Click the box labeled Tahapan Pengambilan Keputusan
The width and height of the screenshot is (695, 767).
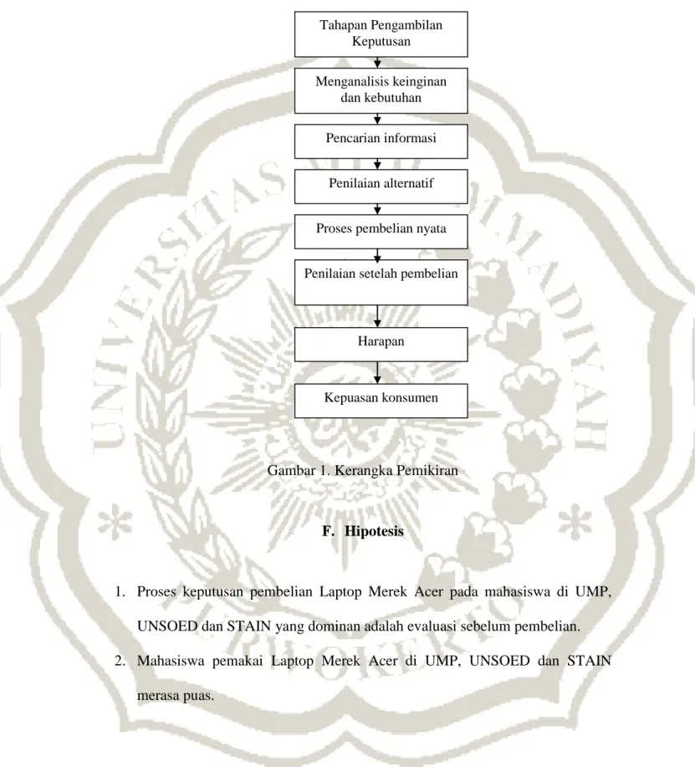click(381, 34)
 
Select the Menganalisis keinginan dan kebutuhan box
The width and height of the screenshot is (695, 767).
click(381, 90)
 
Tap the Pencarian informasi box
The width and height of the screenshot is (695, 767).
click(381, 141)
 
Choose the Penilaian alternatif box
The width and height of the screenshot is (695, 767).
click(381, 187)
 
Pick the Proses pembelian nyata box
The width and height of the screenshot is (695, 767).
click(381, 232)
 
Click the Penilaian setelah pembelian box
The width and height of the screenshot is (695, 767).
click(381, 282)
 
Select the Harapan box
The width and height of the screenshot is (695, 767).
click(381, 345)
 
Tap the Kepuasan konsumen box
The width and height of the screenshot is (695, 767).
click(381, 401)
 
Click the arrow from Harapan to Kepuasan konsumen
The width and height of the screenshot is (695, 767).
click(377, 373)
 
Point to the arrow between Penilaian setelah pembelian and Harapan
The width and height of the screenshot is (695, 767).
click(377, 316)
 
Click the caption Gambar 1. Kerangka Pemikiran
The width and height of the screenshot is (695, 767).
click(362, 471)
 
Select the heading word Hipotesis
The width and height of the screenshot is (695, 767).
click(374, 531)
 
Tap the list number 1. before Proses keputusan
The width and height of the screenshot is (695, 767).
click(120, 592)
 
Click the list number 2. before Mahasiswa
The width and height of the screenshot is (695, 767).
click(120, 662)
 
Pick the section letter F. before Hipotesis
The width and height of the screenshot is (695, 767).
click(327, 531)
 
